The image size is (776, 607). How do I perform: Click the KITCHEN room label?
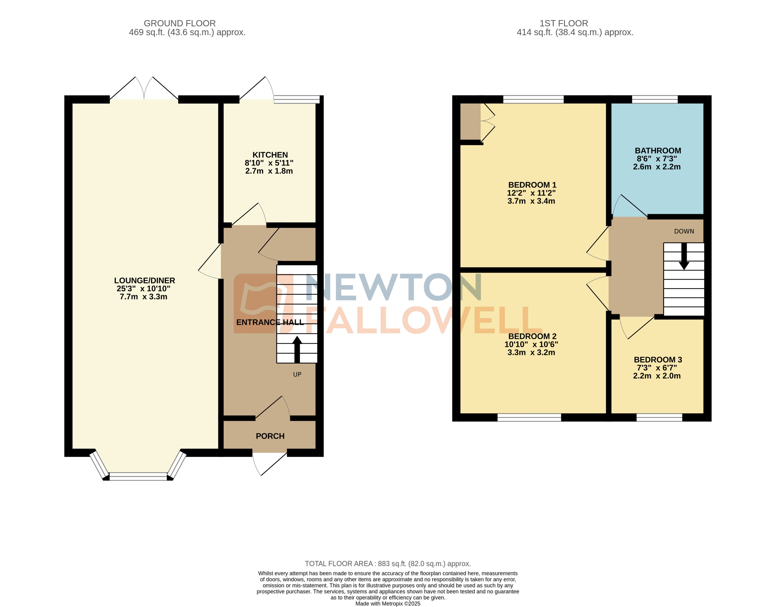(x=270, y=155)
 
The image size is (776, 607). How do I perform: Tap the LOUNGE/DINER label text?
(x=144, y=281)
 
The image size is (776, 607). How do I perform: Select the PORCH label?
(x=270, y=436)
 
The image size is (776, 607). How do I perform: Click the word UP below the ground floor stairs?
(x=297, y=375)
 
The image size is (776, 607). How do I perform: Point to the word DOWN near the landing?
(x=684, y=231)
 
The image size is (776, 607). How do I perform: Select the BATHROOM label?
(x=658, y=151)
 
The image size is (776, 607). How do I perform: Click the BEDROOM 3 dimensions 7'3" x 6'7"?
(x=657, y=368)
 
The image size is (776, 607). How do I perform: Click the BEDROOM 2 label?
(x=532, y=336)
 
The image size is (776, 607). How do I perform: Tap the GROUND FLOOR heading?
(x=179, y=23)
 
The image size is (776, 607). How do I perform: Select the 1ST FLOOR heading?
(x=564, y=23)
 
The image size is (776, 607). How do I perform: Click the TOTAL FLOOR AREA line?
(x=388, y=564)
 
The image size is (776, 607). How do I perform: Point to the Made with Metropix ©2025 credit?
(x=388, y=603)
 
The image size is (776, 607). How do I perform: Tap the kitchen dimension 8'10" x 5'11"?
(x=269, y=163)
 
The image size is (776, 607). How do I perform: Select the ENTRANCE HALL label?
(x=270, y=322)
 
